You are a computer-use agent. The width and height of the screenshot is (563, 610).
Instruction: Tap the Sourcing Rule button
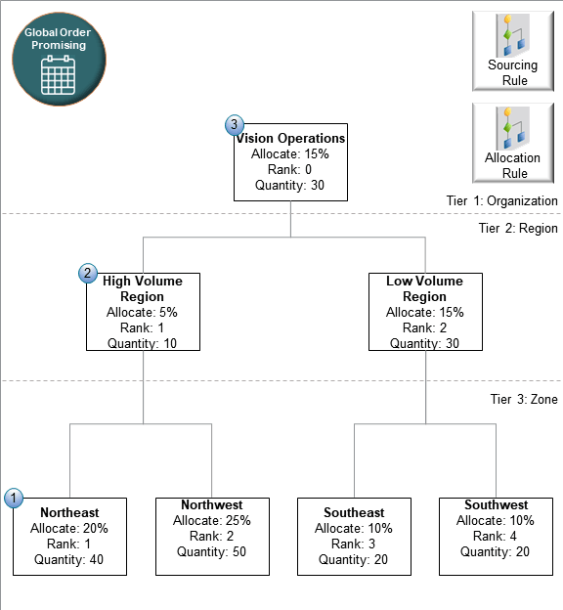512,50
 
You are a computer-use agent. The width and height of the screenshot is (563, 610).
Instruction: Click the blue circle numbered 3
235,125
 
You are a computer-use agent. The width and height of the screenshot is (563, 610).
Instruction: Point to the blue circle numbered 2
88,274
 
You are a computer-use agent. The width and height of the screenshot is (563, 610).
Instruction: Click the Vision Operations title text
290,139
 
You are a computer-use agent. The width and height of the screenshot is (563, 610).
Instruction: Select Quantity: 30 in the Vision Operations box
290,186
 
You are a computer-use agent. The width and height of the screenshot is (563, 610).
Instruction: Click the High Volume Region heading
143,288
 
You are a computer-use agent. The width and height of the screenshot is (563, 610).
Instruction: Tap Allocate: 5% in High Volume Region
143,312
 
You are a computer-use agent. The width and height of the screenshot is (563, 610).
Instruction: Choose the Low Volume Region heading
424,288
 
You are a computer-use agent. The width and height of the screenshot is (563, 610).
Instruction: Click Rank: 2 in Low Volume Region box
424,327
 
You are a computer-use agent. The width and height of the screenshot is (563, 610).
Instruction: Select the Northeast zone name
69,512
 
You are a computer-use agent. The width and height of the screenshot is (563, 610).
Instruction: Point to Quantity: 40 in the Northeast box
69,560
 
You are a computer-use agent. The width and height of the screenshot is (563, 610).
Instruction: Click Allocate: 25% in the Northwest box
212,520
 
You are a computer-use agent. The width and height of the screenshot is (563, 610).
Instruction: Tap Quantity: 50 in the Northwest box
212,551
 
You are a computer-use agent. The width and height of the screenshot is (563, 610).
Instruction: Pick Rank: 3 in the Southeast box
354,545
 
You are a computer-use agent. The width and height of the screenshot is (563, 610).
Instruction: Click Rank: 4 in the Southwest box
496,536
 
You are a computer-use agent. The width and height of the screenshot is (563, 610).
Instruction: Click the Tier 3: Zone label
523,399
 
